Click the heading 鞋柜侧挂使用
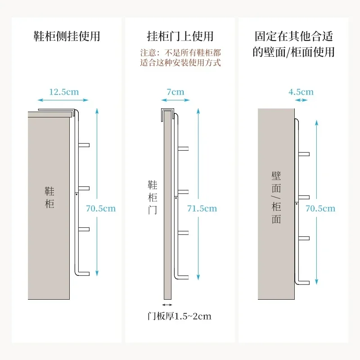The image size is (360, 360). pyautogui.click(x=67, y=36)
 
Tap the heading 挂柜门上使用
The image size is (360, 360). pyautogui.click(x=180, y=36)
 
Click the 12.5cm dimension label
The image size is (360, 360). pyautogui.click(x=63, y=92)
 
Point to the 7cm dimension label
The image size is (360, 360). pyautogui.click(x=175, y=92)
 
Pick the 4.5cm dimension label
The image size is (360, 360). pyautogui.click(x=301, y=92)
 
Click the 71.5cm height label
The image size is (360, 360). pyautogui.click(x=202, y=208)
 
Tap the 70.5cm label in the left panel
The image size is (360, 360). pyautogui.click(x=101, y=208)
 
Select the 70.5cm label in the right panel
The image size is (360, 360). pyautogui.click(x=320, y=208)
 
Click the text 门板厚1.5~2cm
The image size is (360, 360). pyautogui.click(x=180, y=316)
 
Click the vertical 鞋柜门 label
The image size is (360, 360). pyautogui.click(x=153, y=197)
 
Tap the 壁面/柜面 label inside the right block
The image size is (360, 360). pyautogui.click(x=276, y=197)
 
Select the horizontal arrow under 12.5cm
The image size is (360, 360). pyautogui.click(x=63, y=100)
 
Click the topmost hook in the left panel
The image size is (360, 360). pyautogui.click(x=84, y=145)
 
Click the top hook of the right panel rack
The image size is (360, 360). pyautogui.click(x=304, y=154)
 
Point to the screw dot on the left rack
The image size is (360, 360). pyautogui.click(x=77, y=194)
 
